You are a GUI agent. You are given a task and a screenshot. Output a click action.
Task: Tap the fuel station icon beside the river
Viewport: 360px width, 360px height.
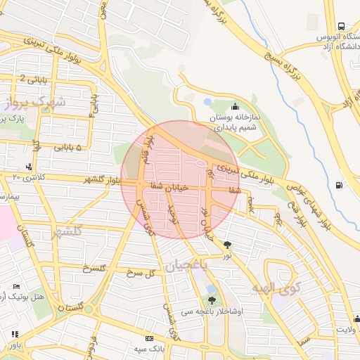pyautogui.click(x=340, y=185)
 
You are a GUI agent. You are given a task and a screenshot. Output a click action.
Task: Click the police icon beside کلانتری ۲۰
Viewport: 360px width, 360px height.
pyautogui.click(x=29, y=167)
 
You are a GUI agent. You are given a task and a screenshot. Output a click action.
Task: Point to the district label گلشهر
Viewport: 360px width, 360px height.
pyautogui.click(x=67, y=231)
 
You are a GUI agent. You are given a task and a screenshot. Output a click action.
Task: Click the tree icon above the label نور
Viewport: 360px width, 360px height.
pyautogui.click(x=226, y=245)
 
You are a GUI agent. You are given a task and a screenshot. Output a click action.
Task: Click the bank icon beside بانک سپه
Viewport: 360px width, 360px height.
pyautogui.click(x=148, y=338)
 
